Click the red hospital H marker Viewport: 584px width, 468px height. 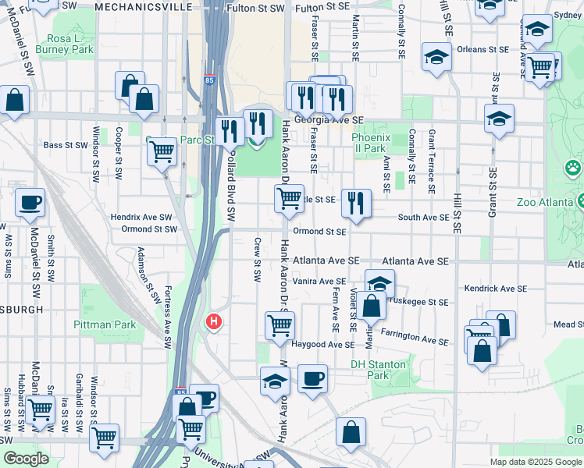(213, 321)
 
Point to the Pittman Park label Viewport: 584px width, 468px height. (104, 324)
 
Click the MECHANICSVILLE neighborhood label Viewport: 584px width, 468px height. (144, 7)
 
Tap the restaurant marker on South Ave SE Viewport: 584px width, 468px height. (356, 203)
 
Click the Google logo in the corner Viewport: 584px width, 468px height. (25, 459)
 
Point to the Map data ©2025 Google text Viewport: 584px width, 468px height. (536, 462)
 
